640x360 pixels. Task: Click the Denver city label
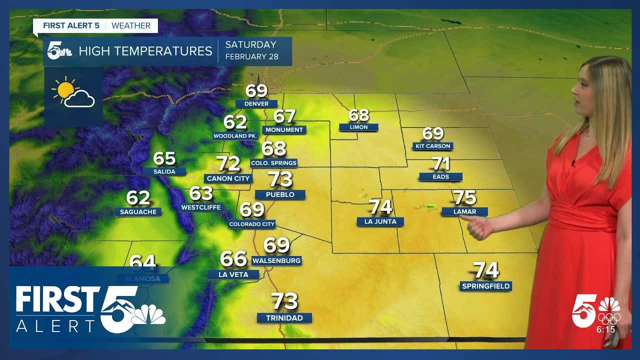point(256,104)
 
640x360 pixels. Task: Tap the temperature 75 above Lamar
point(464,197)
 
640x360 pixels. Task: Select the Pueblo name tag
point(280,194)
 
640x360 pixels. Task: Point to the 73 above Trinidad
point(284,301)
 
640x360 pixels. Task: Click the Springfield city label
point(485,286)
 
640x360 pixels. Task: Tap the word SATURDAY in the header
point(250,44)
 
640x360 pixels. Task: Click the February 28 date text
point(251,56)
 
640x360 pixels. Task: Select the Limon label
point(358,127)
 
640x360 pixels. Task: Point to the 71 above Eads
point(441,163)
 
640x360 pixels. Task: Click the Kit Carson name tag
point(433,146)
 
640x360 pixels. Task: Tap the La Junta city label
point(380,221)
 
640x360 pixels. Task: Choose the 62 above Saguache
point(138,198)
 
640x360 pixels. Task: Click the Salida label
point(164,171)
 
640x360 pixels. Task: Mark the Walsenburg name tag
point(276,260)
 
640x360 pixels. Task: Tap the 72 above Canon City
point(228,163)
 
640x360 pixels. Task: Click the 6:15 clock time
point(605,329)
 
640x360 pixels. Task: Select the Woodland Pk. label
point(235,136)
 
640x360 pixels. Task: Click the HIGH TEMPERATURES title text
point(145,51)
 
